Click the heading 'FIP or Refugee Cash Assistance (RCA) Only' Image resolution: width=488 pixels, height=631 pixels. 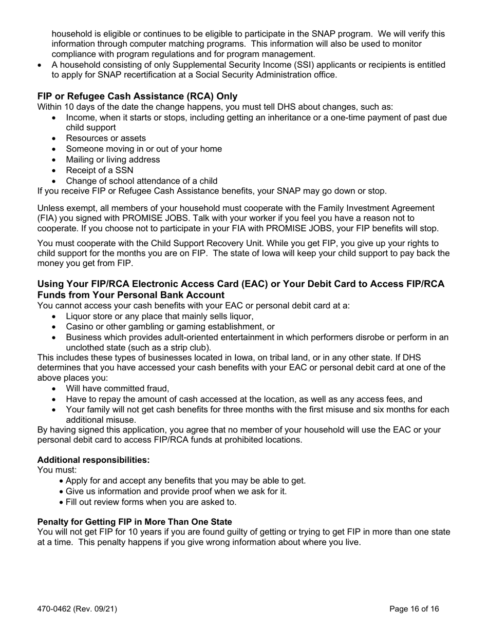click(137, 96)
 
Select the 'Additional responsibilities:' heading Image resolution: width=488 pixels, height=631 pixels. click(93, 460)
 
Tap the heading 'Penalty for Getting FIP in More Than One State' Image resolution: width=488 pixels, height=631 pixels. click(135, 522)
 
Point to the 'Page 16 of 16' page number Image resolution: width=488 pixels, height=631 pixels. click(414, 609)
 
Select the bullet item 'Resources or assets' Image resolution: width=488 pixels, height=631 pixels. click(106, 139)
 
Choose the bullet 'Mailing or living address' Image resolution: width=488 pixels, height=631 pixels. click(113, 160)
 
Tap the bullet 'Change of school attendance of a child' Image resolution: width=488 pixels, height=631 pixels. click(142, 181)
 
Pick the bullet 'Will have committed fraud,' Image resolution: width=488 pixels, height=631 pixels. click(118, 388)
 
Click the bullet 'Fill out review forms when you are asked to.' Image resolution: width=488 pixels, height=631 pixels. click(151, 502)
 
